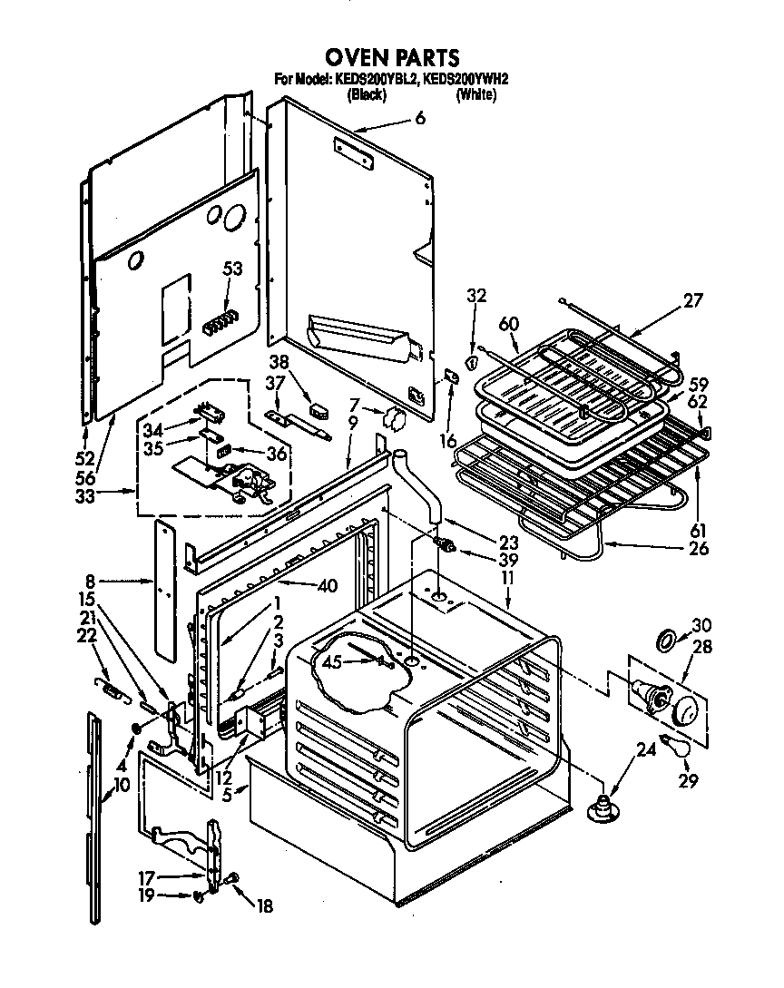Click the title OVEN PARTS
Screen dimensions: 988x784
[x=392, y=59]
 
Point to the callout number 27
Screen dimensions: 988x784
[x=692, y=300]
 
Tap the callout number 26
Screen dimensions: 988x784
[x=698, y=548]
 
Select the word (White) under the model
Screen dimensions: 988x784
[x=476, y=93]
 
